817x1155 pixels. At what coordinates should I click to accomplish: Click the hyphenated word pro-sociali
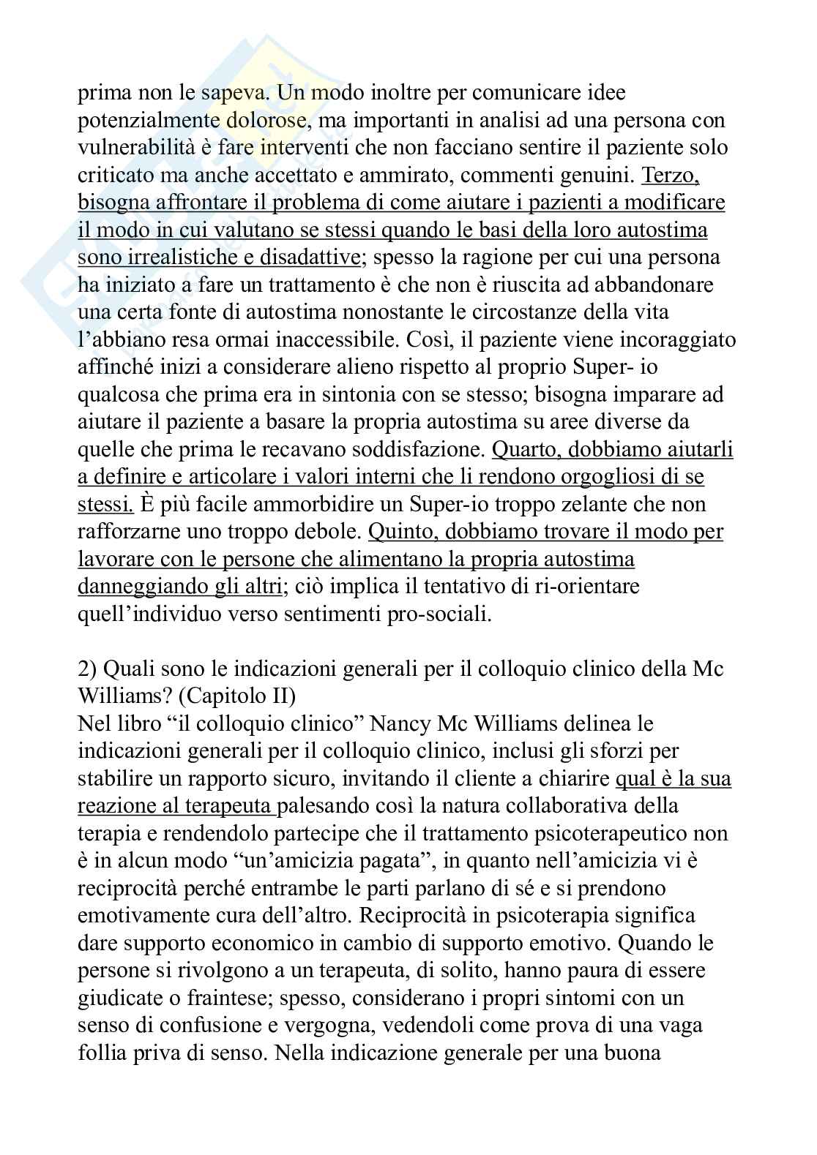click(x=439, y=614)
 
